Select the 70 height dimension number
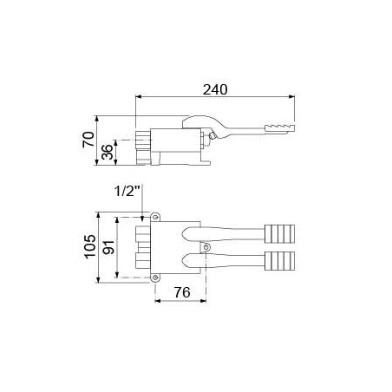(x=88, y=139)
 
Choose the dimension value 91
(x=109, y=248)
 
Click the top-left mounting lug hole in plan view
(x=156, y=216)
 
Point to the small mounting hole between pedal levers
(x=206, y=247)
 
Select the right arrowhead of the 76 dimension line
(x=204, y=302)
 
